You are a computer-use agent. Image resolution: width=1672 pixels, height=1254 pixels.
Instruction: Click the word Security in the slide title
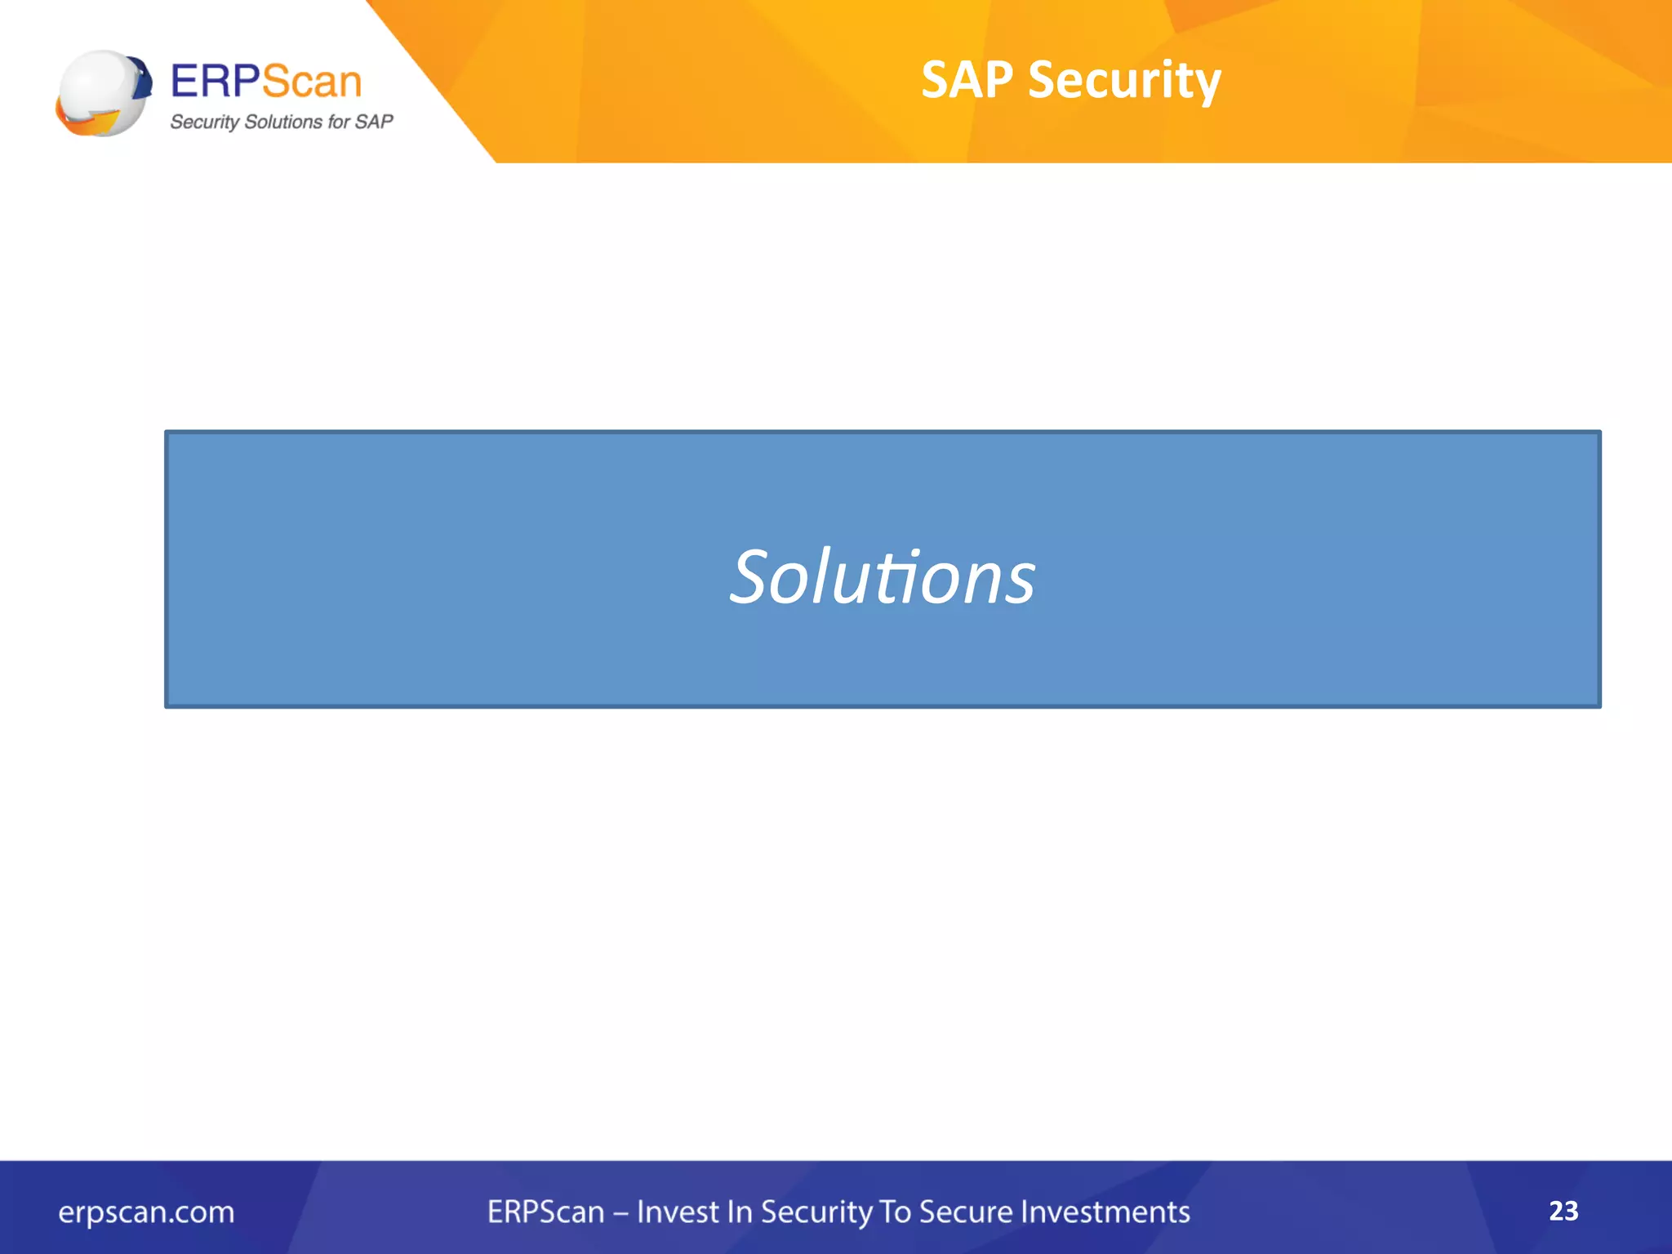pos(1124,82)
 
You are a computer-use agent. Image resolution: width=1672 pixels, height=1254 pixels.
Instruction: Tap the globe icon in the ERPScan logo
pos(103,93)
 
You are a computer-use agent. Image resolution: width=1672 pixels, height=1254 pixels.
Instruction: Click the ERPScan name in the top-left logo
pos(265,82)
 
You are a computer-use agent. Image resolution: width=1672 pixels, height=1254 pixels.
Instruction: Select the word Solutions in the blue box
pos(883,577)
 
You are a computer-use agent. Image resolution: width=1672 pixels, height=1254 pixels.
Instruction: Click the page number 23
pos(1563,1211)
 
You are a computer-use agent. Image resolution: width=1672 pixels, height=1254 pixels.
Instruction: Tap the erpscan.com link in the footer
pos(146,1212)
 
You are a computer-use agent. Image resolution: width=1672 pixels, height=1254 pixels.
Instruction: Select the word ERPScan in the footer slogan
pos(545,1212)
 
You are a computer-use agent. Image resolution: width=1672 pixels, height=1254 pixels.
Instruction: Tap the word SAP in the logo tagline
pos(374,122)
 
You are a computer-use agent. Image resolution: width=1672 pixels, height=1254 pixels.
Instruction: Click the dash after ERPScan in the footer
pos(620,1213)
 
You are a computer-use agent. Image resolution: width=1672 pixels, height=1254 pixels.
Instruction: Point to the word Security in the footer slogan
pos(816,1213)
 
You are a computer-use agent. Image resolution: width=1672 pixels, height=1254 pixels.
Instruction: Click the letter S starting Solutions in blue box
pos(749,577)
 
